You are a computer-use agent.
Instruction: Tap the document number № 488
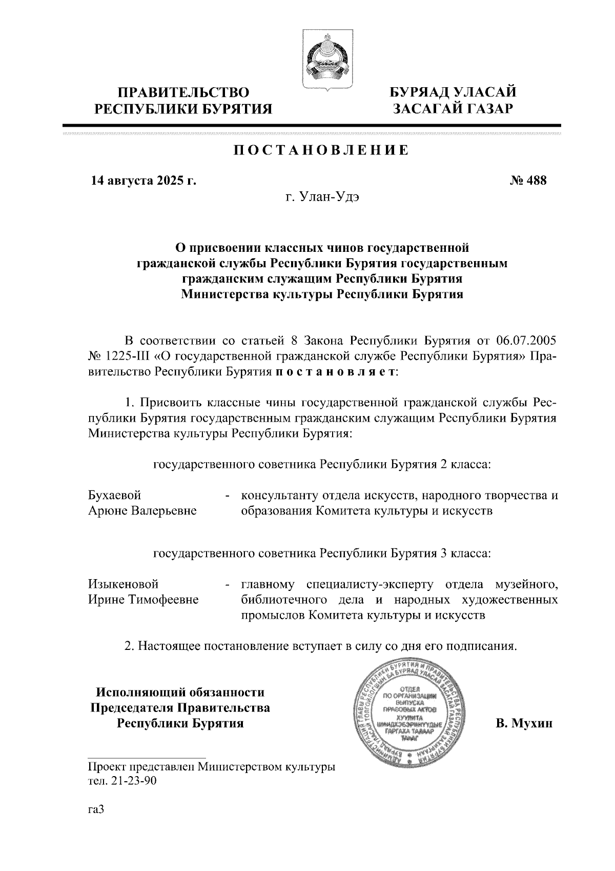tap(528, 181)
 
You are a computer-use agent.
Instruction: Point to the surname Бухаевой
tap(115, 496)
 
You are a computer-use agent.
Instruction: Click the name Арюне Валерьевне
tap(142, 511)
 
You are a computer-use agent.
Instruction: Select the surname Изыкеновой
tap(124, 584)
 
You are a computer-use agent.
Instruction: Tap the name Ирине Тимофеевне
tap(143, 600)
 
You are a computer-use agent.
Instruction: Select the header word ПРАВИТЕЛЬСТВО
tap(183, 93)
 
